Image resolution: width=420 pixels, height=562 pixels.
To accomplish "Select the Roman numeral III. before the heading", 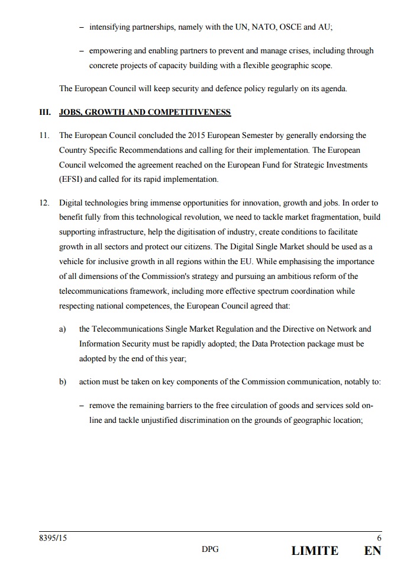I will tap(46, 112).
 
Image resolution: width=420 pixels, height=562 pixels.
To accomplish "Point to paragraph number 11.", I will tap(44, 136).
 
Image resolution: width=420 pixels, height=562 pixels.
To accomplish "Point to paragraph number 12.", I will tap(44, 203).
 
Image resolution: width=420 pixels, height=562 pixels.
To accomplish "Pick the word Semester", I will tap(263, 136).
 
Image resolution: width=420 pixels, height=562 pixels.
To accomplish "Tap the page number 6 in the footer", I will tap(379, 538).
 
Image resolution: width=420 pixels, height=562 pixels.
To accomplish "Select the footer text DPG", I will tap(210, 550).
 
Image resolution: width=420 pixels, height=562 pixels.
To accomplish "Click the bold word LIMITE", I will tap(315, 551).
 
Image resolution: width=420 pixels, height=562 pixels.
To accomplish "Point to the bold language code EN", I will tap(373, 551).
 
